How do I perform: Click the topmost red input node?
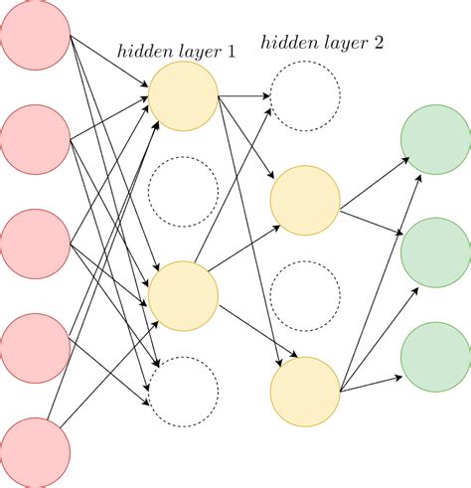coord(36,36)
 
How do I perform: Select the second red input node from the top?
coord(36,139)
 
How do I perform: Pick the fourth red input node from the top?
coord(36,348)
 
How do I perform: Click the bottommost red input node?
coord(36,452)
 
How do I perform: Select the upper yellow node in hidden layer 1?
coord(183,95)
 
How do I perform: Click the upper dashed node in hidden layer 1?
coord(183,192)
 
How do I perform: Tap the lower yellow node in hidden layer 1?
coord(183,294)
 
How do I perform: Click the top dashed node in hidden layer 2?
coord(306,97)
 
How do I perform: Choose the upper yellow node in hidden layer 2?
coord(306,202)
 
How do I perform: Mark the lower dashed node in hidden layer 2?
coord(306,296)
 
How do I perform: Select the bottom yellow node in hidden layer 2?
coord(306,391)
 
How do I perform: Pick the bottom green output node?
coord(434,356)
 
